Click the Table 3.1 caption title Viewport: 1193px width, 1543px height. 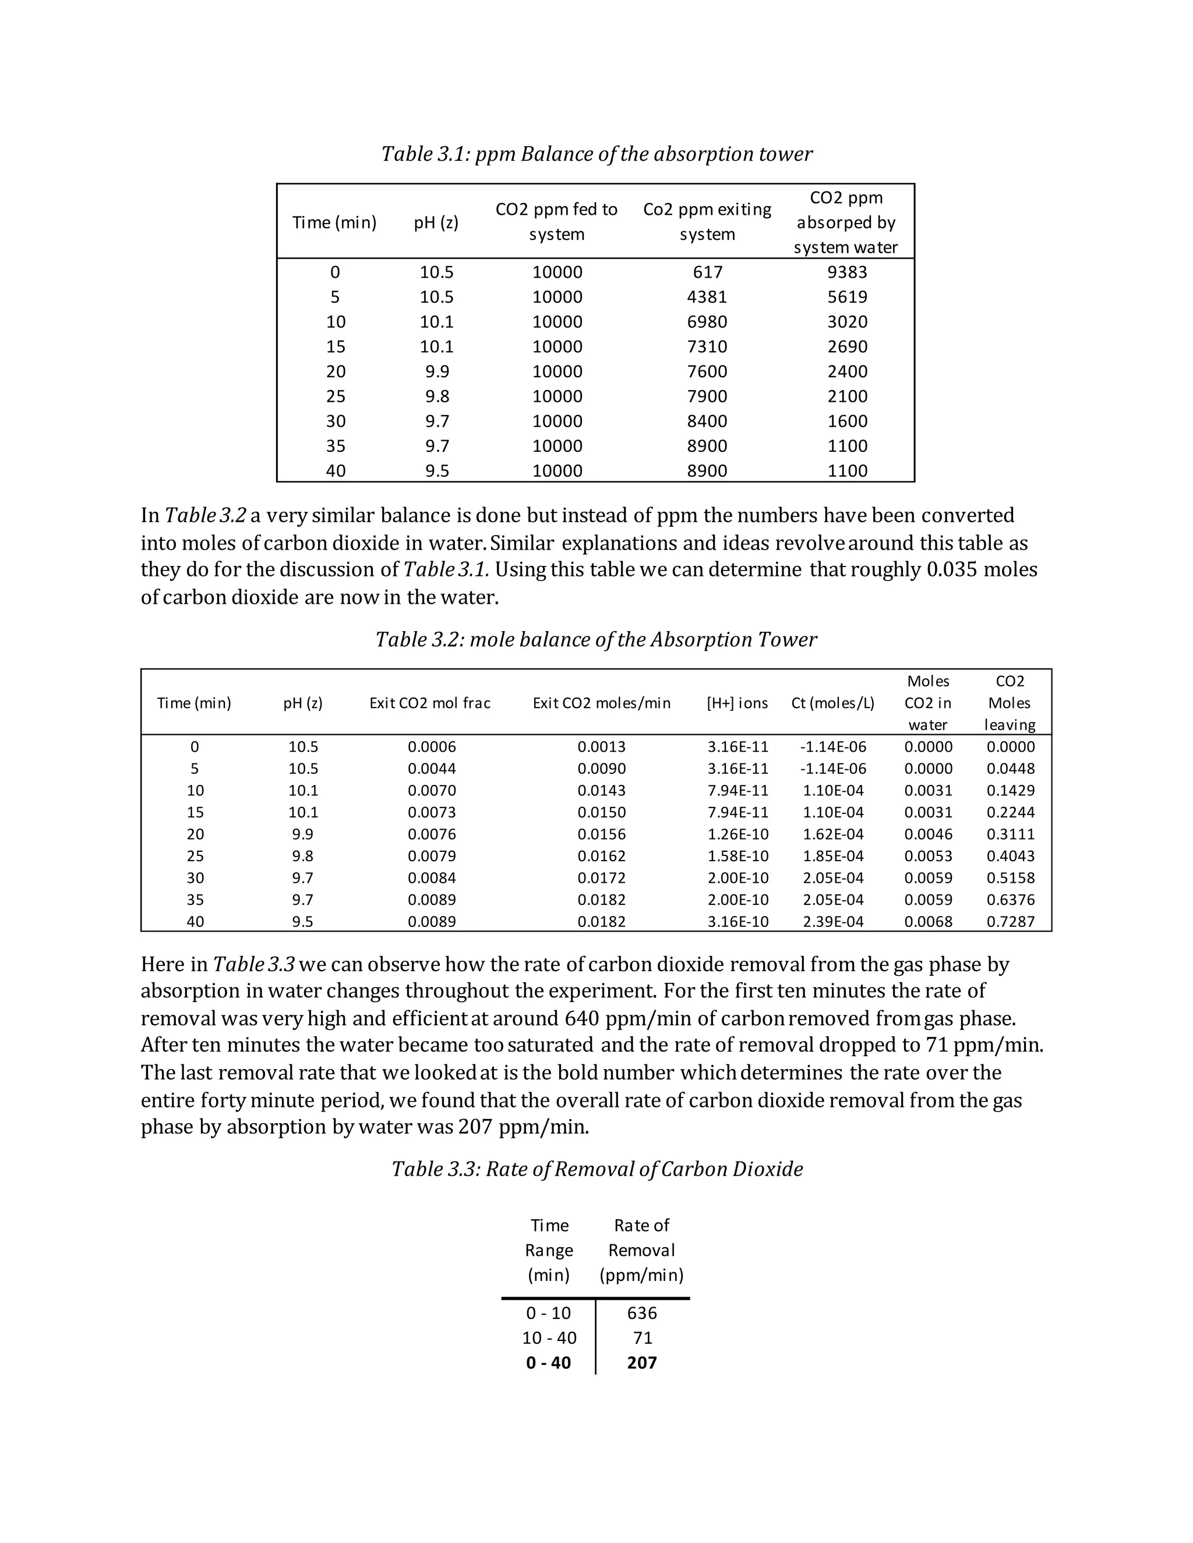point(596,154)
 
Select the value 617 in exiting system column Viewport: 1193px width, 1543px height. point(707,272)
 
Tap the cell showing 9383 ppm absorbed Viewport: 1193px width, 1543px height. point(846,272)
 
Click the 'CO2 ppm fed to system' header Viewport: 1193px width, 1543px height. point(556,222)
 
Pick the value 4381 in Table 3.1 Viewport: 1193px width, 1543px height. point(707,297)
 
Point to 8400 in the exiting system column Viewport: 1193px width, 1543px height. point(707,421)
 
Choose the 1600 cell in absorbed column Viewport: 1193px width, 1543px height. point(846,421)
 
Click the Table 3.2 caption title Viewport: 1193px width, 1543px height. point(596,639)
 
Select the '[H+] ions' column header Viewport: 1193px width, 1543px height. point(737,703)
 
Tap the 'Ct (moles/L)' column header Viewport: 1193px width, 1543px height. point(832,703)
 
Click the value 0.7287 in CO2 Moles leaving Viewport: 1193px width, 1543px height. point(1010,921)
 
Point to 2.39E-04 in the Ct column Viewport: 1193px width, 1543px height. point(832,921)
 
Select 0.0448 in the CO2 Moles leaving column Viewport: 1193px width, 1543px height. point(1010,769)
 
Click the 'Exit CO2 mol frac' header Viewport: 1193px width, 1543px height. point(430,703)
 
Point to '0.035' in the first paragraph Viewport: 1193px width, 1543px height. point(952,570)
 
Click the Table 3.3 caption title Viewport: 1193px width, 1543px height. point(597,1169)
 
